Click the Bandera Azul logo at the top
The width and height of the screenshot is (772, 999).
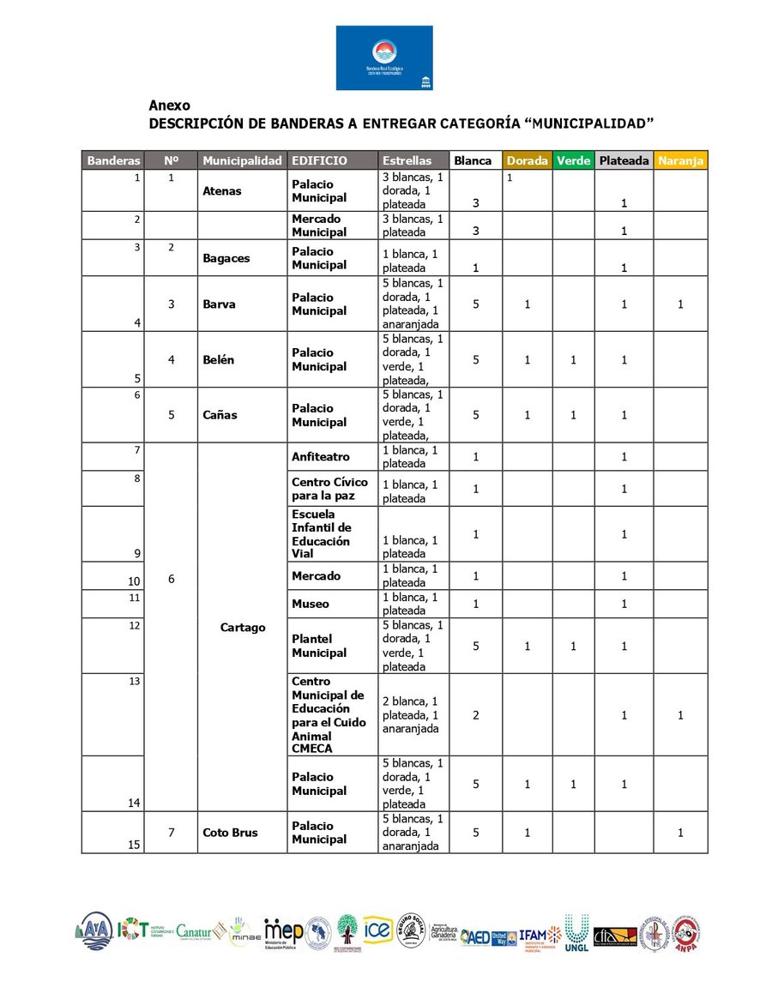click(x=384, y=57)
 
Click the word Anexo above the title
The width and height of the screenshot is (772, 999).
click(x=169, y=105)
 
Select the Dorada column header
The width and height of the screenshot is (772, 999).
click(x=527, y=160)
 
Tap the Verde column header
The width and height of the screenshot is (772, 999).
click(x=573, y=160)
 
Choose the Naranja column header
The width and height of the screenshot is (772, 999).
click(x=680, y=160)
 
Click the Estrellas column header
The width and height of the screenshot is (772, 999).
click(x=407, y=160)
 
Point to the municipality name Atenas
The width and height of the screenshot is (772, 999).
click(x=222, y=191)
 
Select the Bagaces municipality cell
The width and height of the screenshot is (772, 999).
click(x=226, y=258)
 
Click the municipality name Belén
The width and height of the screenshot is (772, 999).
click(x=219, y=360)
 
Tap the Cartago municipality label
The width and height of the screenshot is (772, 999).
click(x=242, y=628)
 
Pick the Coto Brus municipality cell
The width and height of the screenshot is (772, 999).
click(x=230, y=833)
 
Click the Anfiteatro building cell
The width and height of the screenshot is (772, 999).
click(x=321, y=457)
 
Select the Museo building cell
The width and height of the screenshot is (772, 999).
click(x=310, y=604)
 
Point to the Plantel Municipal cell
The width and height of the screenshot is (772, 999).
click(x=319, y=646)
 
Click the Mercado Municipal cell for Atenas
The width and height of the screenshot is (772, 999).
click(x=319, y=226)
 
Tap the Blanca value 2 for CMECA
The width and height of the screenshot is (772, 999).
click(x=475, y=715)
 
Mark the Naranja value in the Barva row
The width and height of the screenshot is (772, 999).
click(x=680, y=304)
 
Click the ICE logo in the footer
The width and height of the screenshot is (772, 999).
click(x=377, y=930)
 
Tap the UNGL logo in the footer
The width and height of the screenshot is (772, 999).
click(x=576, y=933)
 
